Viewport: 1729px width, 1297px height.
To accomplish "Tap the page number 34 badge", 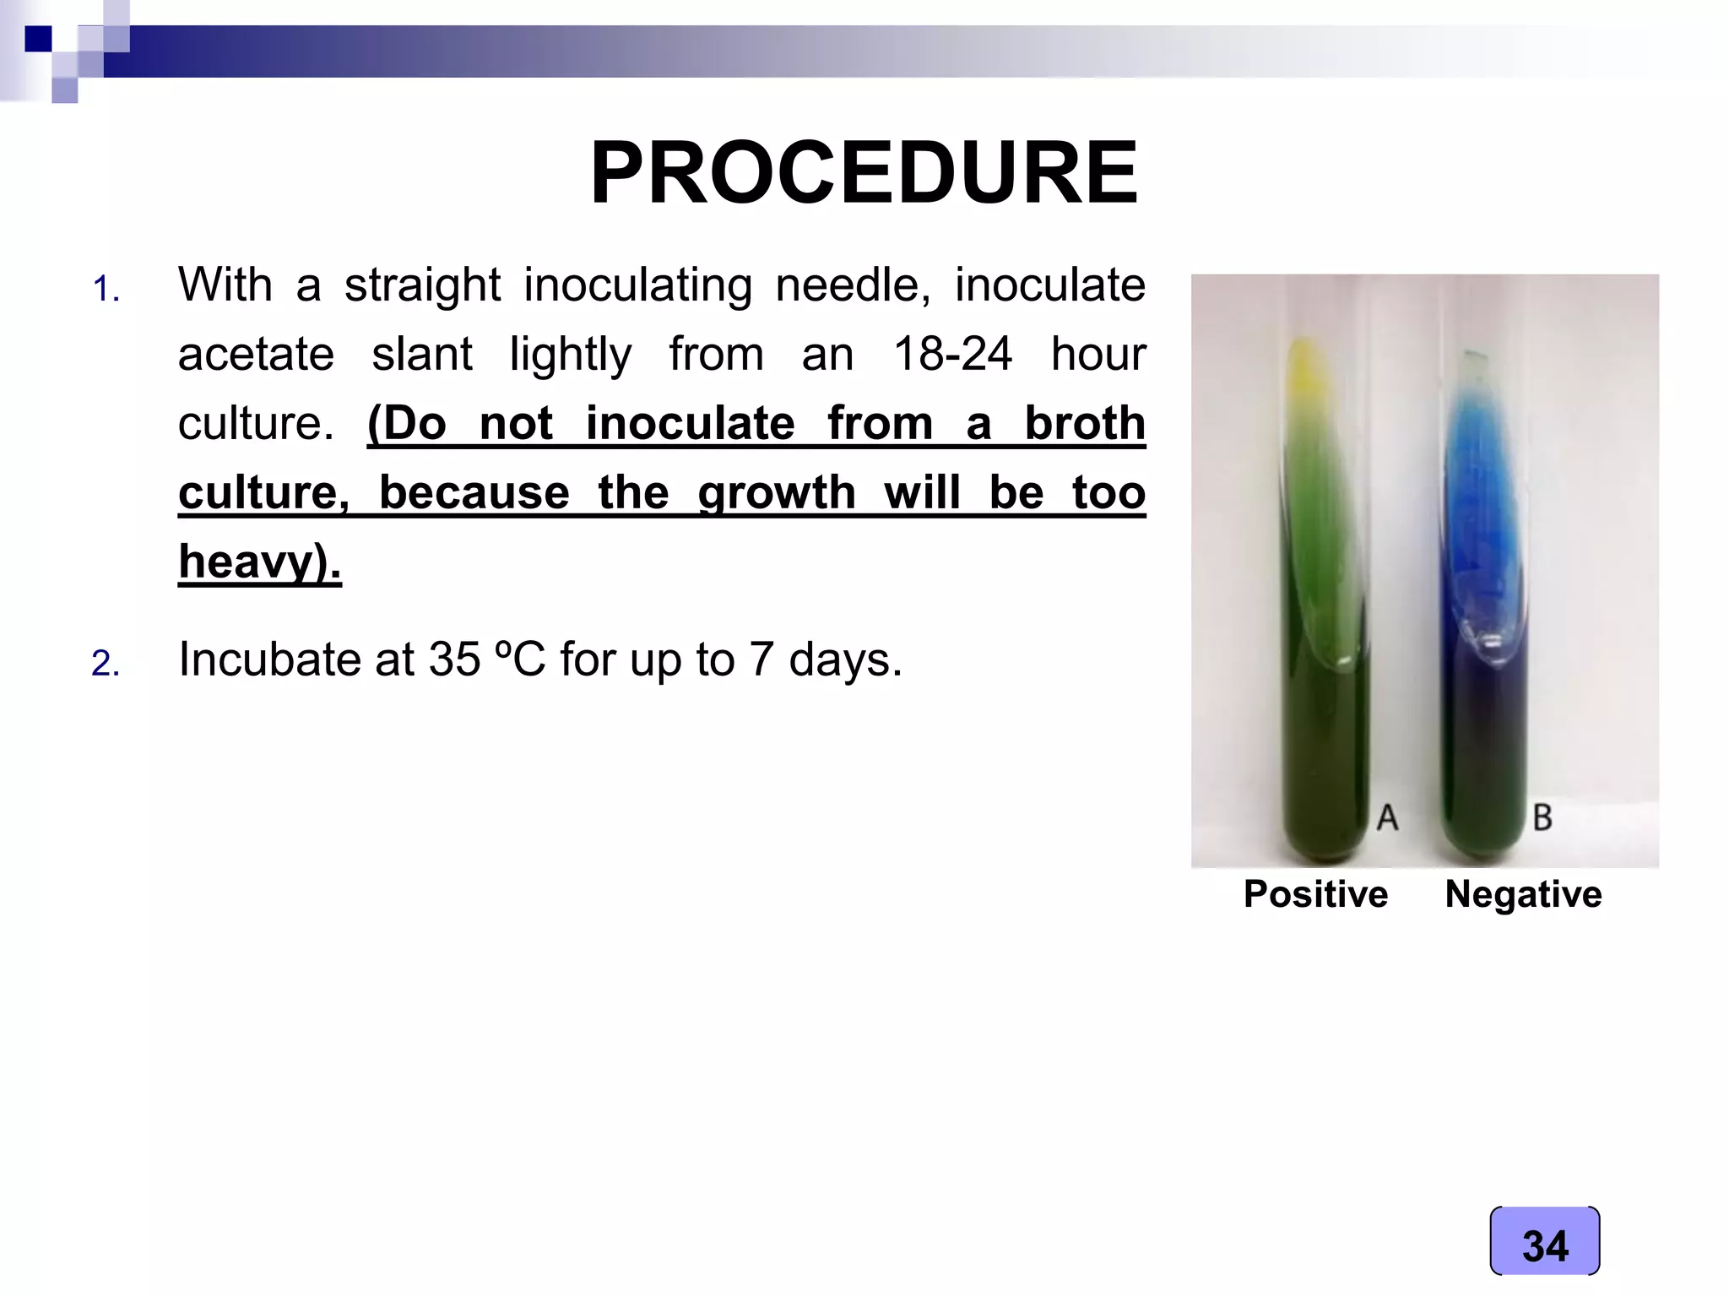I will click(1545, 1245).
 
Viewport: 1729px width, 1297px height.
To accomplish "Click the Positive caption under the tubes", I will click(1315, 894).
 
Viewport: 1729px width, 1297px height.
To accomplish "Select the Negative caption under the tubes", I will click(1523, 894).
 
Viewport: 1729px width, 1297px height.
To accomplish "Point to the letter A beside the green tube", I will click(1387, 817).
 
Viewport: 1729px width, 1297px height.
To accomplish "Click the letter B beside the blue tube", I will click(1542, 817).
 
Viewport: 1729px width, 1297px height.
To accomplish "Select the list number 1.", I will click(106, 290).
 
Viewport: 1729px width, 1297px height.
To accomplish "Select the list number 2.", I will click(106, 664).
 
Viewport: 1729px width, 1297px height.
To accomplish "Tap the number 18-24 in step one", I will click(952, 354).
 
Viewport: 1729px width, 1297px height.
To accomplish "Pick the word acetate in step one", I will click(256, 354).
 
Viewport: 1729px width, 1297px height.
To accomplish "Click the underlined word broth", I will click(1085, 423).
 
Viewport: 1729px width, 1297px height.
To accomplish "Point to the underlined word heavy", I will click(253, 562).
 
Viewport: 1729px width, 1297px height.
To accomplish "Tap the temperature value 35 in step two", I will click(454, 659).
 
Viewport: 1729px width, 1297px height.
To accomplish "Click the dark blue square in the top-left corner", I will click(38, 39).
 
